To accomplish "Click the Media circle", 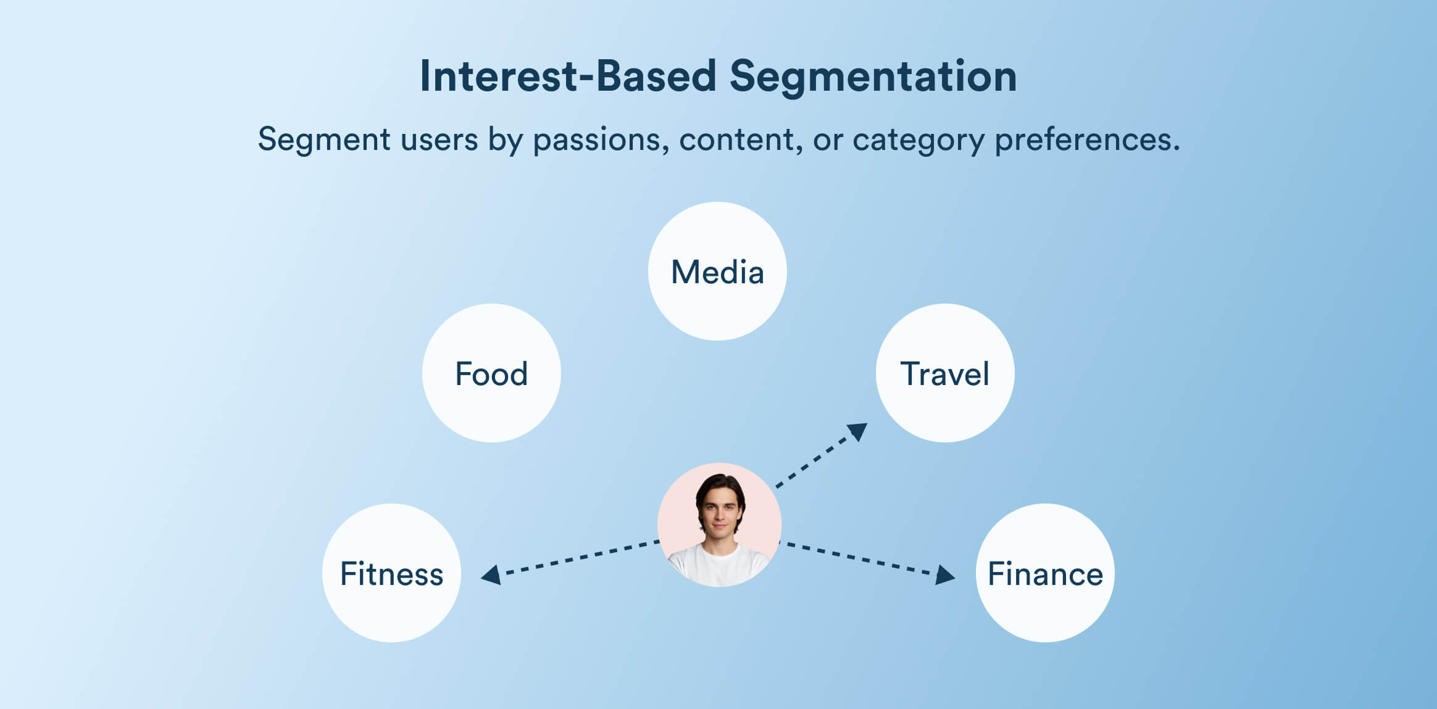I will [x=717, y=272].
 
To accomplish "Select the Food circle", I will [x=491, y=373].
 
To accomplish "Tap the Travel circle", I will [x=944, y=373].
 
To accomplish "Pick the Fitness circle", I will [x=391, y=573].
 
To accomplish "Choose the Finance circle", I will [x=1045, y=573].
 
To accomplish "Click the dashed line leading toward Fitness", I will [x=580, y=557].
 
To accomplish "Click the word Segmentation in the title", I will [x=873, y=77].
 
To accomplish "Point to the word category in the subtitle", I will [x=918, y=139].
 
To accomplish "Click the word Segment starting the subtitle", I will [x=324, y=139].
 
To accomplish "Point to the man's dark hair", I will [x=720, y=484].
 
